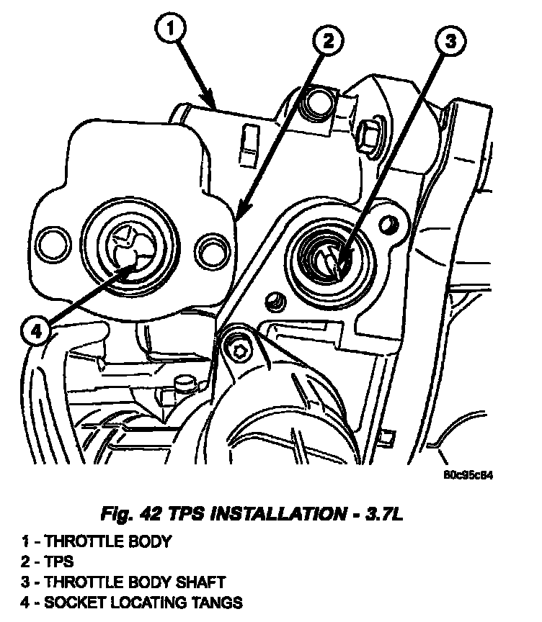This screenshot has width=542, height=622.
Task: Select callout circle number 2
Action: (327, 42)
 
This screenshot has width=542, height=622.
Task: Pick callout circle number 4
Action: (37, 332)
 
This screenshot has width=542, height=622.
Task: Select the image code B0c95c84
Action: (468, 475)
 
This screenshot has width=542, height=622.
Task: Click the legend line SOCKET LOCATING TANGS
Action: (129, 603)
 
